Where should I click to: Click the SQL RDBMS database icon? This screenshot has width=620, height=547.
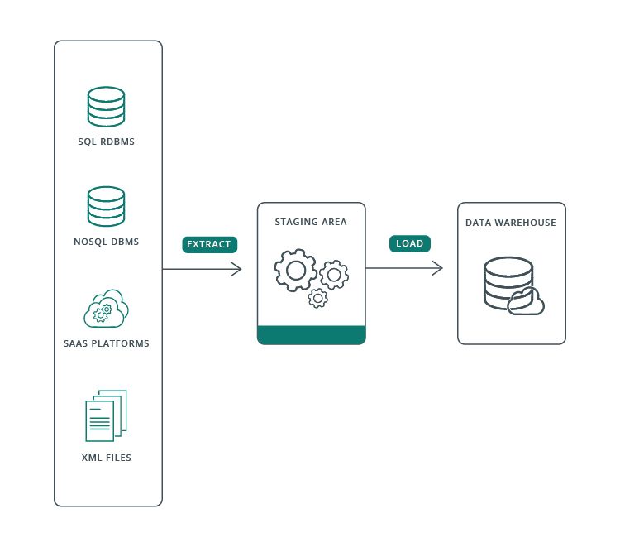click(x=107, y=107)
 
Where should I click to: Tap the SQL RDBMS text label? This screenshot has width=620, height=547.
click(x=107, y=142)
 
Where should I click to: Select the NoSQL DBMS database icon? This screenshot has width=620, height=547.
click(x=107, y=207)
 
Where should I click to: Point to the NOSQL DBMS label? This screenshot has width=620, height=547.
click(x=107, y=242)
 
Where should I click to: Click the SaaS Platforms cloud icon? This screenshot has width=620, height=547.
click(x=107, y=309)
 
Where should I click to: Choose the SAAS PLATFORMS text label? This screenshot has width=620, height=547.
click(x=107, y=343)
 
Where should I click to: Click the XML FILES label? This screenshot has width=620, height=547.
click(x=107, y=458)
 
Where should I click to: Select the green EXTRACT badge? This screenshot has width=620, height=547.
click(x=210, y=244)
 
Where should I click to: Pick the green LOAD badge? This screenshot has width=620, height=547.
click(x=411, y=243)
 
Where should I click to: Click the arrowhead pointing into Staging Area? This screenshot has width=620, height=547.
click(x=236, y=269)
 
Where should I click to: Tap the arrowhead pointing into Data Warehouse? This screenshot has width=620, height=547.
click(x=438, y=268)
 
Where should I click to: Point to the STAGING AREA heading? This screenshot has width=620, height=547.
click(x=311, y=223)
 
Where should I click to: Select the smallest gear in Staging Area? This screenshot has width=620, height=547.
click(x=317, y=298)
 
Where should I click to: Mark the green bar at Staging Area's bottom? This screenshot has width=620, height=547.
click(x=311, y=334)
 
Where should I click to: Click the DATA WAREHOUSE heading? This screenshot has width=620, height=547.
click(x=511, y=223)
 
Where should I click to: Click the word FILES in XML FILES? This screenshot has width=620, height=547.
click(x=117, y=458)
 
